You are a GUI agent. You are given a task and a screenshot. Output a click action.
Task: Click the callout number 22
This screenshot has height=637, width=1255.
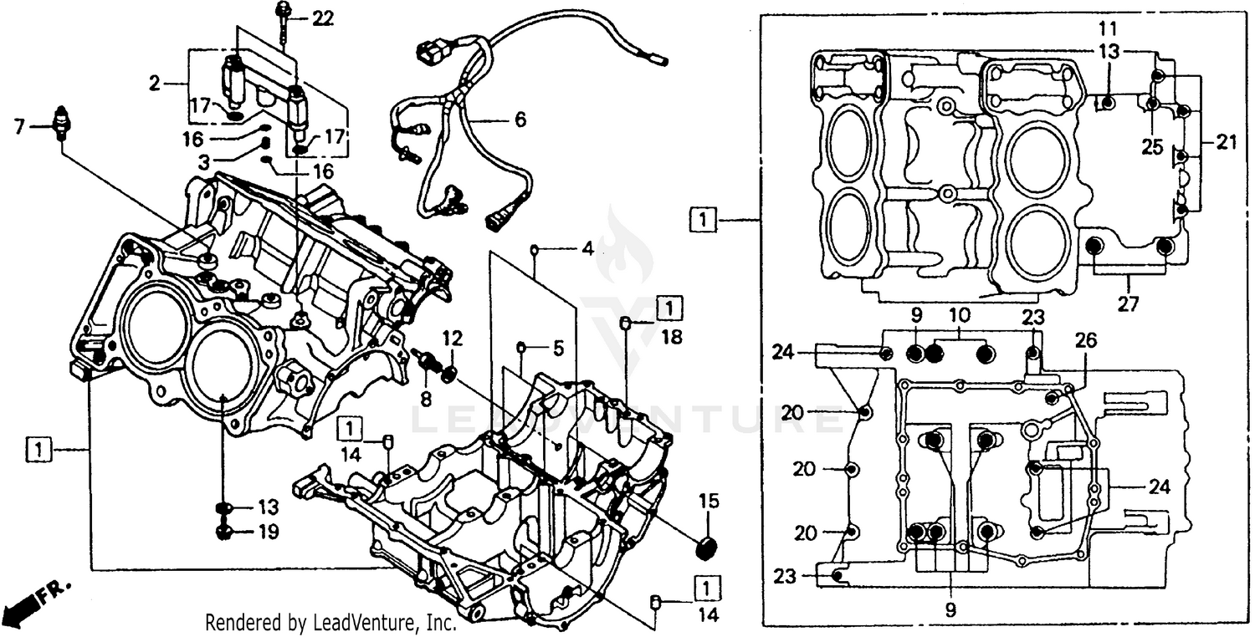pos(321,18)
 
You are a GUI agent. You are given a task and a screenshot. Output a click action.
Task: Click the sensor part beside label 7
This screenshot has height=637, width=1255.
pos(59,124)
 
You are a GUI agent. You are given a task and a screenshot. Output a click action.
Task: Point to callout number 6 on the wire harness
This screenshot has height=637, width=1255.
pos(520,120)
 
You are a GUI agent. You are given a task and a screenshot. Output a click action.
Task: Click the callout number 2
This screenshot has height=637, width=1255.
pos(154,84)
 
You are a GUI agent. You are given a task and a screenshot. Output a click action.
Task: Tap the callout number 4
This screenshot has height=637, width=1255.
pos(588,248)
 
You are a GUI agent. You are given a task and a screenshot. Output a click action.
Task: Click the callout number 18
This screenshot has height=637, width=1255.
pos(672,337)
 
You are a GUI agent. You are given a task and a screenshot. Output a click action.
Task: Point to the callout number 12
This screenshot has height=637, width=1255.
pos(452,339)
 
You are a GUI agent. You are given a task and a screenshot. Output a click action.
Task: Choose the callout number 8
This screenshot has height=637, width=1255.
pos(425,400)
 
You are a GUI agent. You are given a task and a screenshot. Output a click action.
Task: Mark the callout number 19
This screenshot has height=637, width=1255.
pos(268,532)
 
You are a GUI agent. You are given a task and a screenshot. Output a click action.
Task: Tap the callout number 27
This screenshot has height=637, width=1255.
pos(1127,305)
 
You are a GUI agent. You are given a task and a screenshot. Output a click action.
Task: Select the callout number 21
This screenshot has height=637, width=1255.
pos(1226,143)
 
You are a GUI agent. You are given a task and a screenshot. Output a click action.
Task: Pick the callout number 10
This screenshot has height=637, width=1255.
pos(959,316)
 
